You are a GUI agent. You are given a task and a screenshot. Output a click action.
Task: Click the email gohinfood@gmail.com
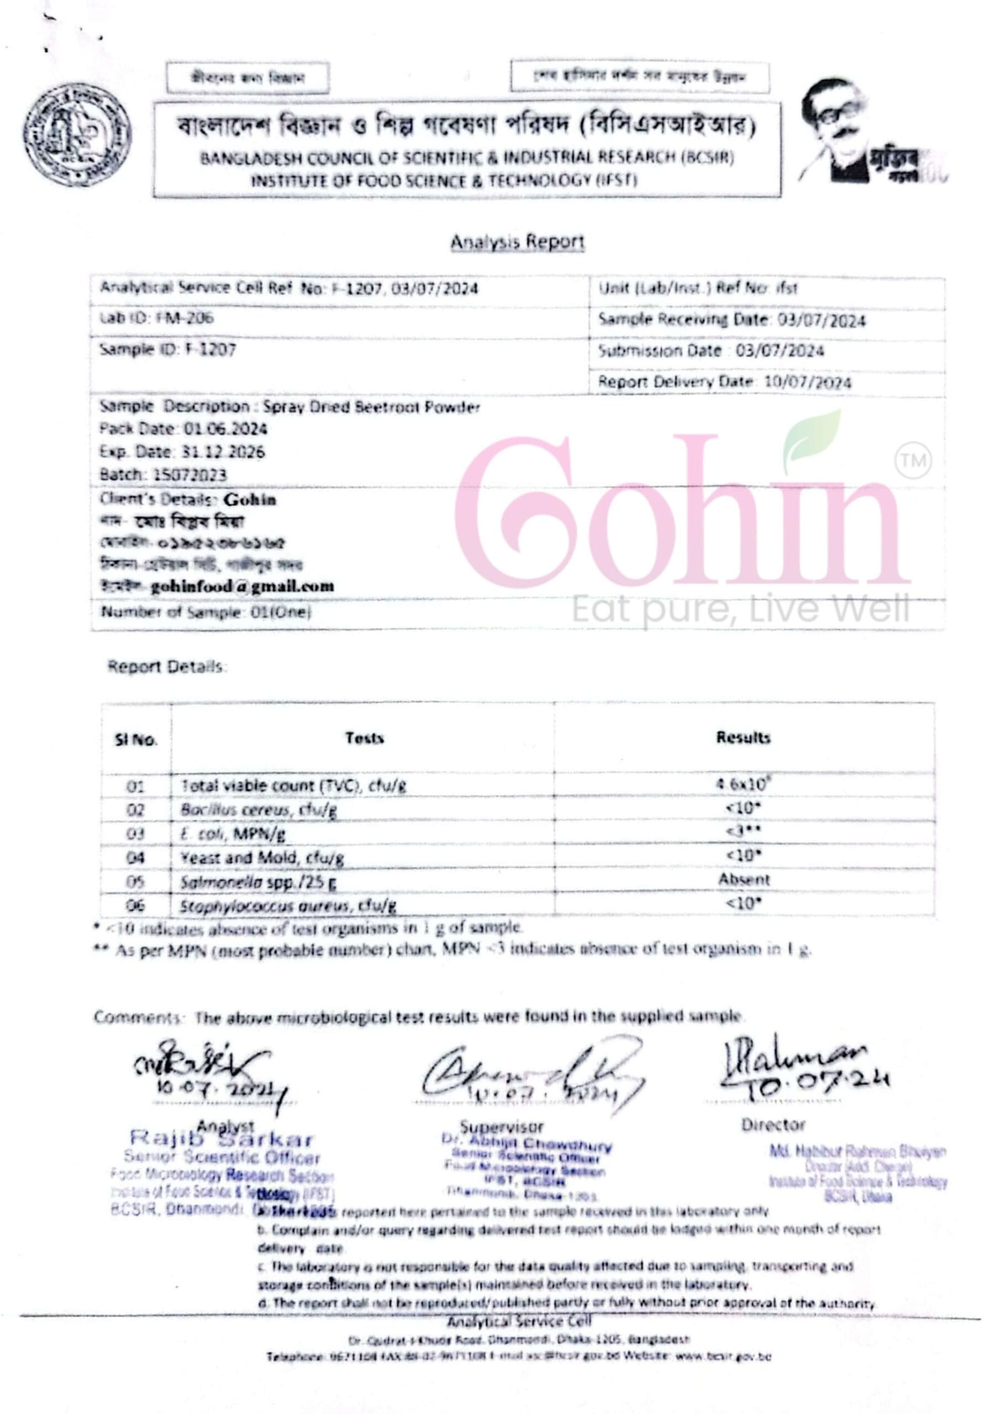click(242, 585)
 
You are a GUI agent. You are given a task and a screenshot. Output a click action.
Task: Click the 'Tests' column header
click(364, 738)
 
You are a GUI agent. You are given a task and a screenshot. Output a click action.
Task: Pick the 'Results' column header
click(743, 737)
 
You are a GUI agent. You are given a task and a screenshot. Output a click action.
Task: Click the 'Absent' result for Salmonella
click(744, 879)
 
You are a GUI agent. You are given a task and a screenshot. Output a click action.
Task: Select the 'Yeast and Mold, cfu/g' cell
click(262, 857)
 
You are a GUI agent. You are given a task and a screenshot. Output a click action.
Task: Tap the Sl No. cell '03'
click(135, 834)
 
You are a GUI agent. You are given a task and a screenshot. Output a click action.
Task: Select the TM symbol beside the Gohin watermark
click(913, 460)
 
